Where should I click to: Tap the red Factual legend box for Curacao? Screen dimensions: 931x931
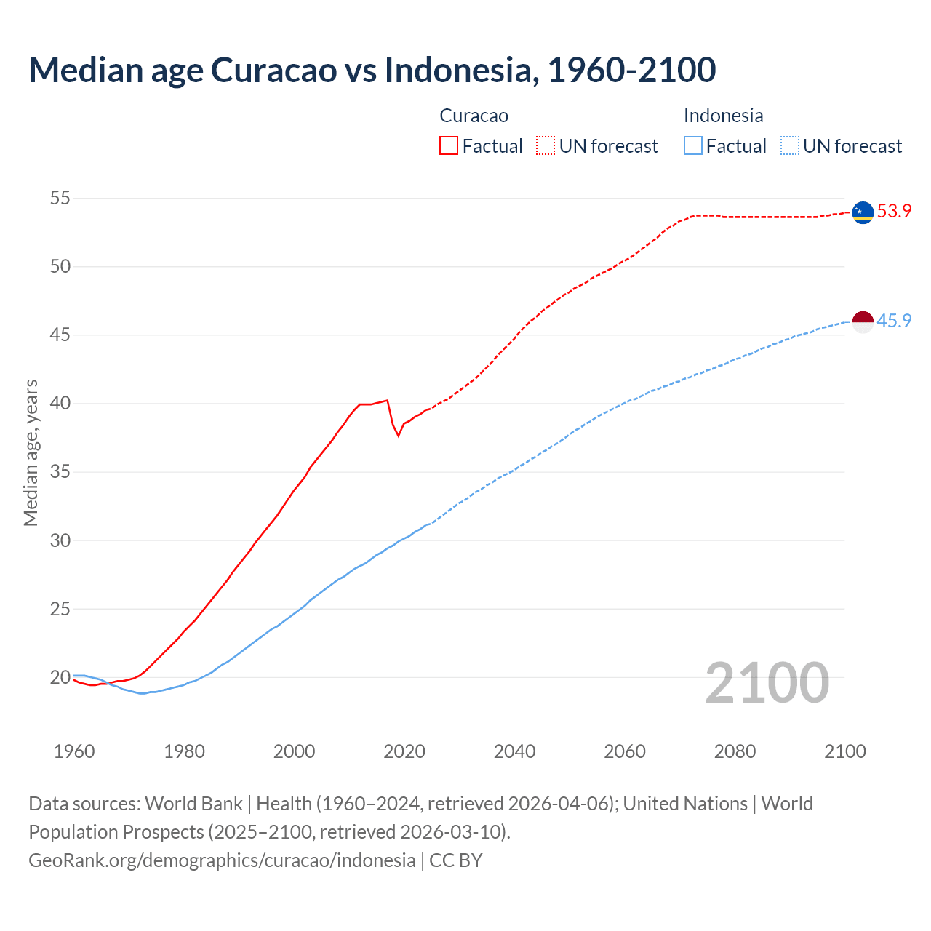tap(449, 145)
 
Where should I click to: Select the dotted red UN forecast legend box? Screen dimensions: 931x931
tap(546, 145)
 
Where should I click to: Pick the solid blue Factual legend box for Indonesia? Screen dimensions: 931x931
tap(693, 145)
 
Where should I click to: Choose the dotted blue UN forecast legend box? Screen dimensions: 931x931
tap(790, 145)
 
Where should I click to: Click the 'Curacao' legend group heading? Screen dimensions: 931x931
tap(474, 116)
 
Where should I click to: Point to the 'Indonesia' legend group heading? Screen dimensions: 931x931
tap(723, 116)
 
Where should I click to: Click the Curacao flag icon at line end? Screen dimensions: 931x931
tap(863, 212)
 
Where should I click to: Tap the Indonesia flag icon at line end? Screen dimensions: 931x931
tap(863, 321)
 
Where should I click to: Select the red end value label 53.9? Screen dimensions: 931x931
tap(894, 212)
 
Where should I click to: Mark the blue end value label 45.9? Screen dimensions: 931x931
tap(894, 321)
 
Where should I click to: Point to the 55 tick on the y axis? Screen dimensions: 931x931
tap(60, 198)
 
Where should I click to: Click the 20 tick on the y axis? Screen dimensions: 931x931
tap(60, 677)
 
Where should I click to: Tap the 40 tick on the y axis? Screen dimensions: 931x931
tap(60, 404)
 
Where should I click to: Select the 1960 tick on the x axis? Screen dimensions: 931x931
tap(74, 751)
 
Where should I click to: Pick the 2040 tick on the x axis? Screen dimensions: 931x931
tap(514, 751)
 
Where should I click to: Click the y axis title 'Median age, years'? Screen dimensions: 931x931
tap(31, 452)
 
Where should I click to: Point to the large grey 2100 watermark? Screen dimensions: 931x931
tap(767, 682)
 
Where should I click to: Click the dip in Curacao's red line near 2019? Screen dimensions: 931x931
tap(398, 435)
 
